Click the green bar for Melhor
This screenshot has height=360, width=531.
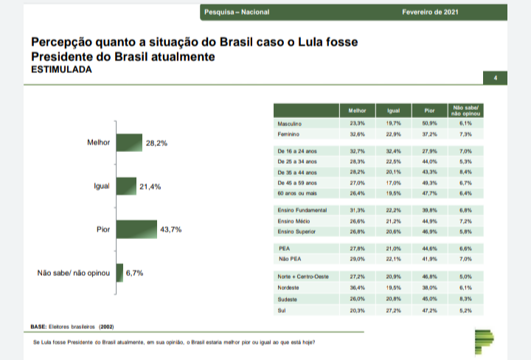(128, 143)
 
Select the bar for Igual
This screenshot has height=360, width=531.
(126, 187)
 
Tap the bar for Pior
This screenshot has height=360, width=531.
(136, 229)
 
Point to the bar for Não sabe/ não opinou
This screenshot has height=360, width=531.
(119, 273)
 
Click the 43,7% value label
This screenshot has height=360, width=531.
(170, 229)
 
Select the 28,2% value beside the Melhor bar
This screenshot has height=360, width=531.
(156, 143)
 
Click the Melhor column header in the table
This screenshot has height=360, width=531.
(357, 111)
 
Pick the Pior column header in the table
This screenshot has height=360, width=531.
(430, 111)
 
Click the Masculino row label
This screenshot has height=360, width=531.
(290, 123)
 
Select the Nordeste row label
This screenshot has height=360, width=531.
(288, 287)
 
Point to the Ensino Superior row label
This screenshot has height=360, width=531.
(296, 231)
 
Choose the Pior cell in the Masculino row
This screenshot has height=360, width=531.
(430, 123)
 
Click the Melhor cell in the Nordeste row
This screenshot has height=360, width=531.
(357, 287)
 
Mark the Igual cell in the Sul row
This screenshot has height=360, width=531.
(393, 311)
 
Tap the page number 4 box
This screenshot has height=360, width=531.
(495, 77)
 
